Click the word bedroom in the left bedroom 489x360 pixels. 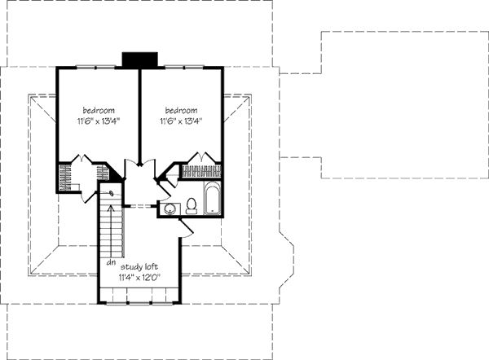pos(97,110)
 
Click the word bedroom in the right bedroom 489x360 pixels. pos(181,110)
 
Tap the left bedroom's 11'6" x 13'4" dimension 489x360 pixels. pos(97,121)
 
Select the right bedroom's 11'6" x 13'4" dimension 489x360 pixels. pos(181,121)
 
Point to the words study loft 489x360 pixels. pos(140,266)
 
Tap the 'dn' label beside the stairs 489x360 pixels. pos(108,262)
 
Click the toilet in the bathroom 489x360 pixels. pos(192,204)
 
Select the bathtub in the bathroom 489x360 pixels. pos(211,199)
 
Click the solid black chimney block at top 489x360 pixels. pos(139,61)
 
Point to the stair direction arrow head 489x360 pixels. pos(112,195)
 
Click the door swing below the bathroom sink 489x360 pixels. pos(187,229)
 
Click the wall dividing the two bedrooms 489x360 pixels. pos(139,114)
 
